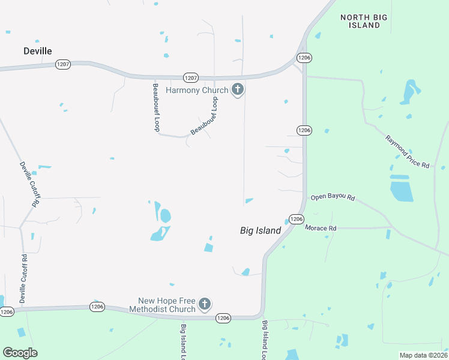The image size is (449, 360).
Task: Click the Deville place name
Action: (37, 51)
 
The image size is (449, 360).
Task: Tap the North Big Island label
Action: (360, 22)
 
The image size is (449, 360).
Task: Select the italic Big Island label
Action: (261, 230)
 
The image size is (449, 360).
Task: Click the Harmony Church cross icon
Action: (238, 90)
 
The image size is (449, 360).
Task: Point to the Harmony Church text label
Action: (197, 91)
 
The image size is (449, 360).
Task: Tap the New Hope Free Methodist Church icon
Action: (205, 305)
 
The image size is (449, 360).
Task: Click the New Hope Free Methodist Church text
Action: (167, 305)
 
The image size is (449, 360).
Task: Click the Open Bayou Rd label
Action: (333, 197)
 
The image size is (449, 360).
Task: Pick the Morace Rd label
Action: (321, 228)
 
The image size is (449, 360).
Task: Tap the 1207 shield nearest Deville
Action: (63, 63)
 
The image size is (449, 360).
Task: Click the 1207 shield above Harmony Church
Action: (191, 78)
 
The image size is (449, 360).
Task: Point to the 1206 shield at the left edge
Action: (7, 311)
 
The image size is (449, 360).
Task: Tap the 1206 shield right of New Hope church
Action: (223, 318)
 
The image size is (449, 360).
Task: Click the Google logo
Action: (20, 353)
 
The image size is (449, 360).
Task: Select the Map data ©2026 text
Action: (423, 355)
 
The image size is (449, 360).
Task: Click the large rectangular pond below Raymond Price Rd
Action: (402, 191)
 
